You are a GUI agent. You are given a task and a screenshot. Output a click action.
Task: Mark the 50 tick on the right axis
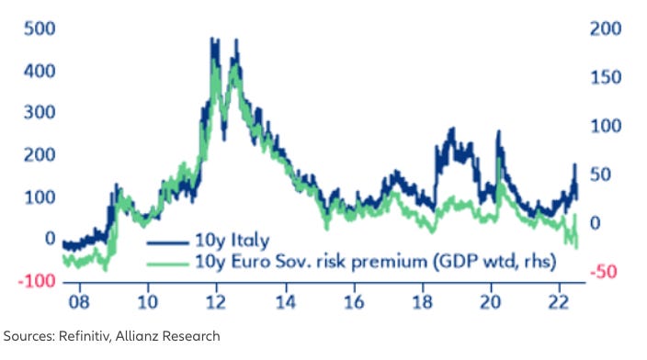(602, 174)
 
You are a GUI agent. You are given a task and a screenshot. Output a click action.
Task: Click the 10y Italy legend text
(232, 242)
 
